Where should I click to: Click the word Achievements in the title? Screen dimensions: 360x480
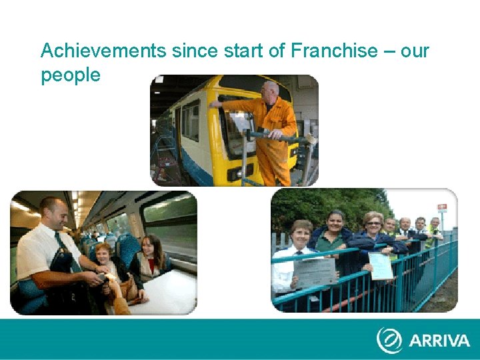click(103, 51)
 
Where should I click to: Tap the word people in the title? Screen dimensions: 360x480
click(71, 75)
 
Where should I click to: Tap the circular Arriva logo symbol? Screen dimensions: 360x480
click(389, 340)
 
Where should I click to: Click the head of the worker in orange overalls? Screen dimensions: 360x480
click(269, 91)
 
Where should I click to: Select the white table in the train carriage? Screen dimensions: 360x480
click(167, 293)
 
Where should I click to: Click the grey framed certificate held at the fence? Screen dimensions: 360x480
click(315, 272)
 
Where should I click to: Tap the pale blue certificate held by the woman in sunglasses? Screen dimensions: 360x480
click(381, 265)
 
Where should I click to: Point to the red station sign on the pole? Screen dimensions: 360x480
click(441, 207)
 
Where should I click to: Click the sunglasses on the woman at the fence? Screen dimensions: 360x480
click(373, 221)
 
